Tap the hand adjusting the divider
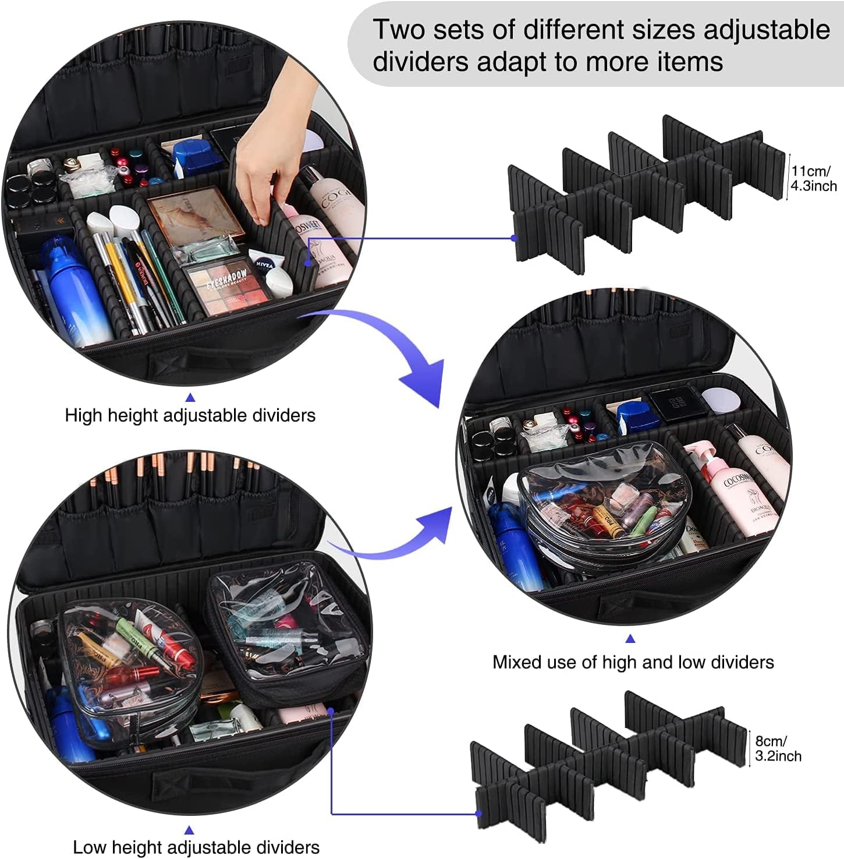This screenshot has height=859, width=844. (274, 151)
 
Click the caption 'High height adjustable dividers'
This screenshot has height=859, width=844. (190, 415)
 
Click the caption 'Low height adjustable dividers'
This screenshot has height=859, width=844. (196, 847)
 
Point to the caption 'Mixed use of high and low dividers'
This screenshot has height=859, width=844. (633, 662)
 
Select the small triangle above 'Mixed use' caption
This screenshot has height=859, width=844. (630, 639)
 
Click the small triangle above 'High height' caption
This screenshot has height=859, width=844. (190, 398)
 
